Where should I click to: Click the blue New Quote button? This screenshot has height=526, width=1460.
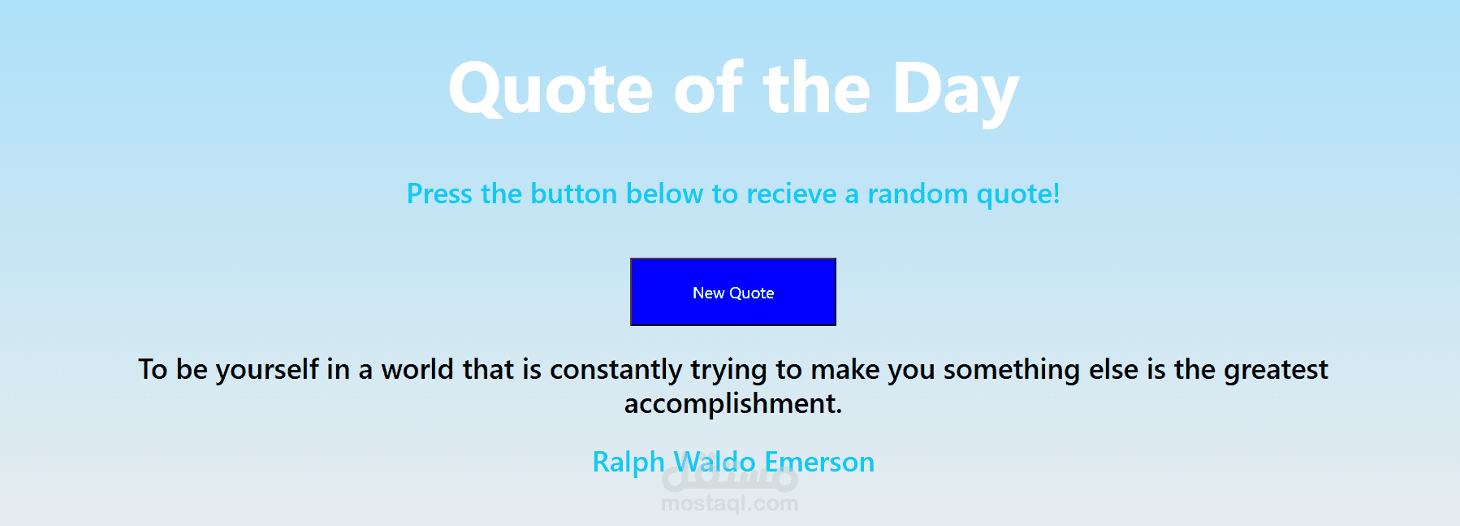(x=733, y=292)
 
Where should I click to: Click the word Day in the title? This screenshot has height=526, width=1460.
(x=956, y=91)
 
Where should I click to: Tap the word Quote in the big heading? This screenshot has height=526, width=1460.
(x=551, y=89)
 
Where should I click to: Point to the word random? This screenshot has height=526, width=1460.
(x=918, y=194)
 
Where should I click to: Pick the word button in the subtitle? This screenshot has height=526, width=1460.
(x=574, y=194)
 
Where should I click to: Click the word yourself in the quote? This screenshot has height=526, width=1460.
(x=267, y=370)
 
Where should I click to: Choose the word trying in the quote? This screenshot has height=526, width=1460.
(x=728, y=371)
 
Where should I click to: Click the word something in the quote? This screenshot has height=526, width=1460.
(x=1011, y=370)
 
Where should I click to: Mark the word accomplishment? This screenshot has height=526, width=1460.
(x=733, y=404)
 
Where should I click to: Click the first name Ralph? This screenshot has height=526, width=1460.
(x=628, y=462)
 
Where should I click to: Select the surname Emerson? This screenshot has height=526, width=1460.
(x=819, y=462)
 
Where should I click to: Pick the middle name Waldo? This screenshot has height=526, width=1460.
(x=715, y=462)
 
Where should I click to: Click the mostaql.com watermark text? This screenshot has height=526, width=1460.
(x=729, y=504)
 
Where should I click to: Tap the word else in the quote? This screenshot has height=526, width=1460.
(x=1113, y=369)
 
